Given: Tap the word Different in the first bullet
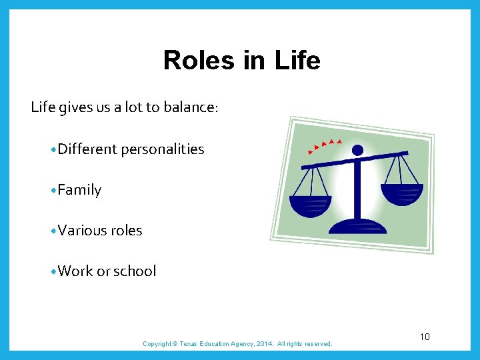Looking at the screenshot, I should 87,149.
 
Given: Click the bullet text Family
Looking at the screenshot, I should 79,190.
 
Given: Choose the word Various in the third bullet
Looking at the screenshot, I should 81,231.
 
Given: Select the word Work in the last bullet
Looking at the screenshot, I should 75,271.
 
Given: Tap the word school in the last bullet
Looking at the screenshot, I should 135,271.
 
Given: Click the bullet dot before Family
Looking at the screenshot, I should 53,191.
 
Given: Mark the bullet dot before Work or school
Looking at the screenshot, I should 53,271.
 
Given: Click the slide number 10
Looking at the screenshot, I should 425,337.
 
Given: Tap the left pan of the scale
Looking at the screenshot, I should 310,205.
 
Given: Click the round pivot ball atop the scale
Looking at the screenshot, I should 358,150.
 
